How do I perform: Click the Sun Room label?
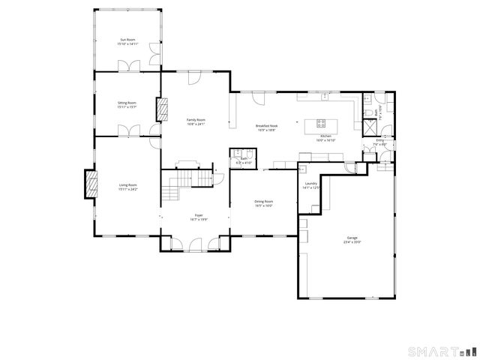(127, 39)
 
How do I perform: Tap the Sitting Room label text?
(127, 102)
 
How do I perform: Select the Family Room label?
(196, 119)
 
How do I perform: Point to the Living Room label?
(127, 184)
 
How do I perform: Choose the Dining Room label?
(263, 201)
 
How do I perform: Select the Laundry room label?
(311, 183)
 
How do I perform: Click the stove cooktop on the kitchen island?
(322, 123)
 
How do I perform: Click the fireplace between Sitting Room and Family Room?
(160, 109)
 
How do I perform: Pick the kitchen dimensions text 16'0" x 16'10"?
(325, 140)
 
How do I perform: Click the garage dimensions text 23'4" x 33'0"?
(352, 242)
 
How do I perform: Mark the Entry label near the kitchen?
(379, 139)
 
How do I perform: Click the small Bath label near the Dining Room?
(243, 158)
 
